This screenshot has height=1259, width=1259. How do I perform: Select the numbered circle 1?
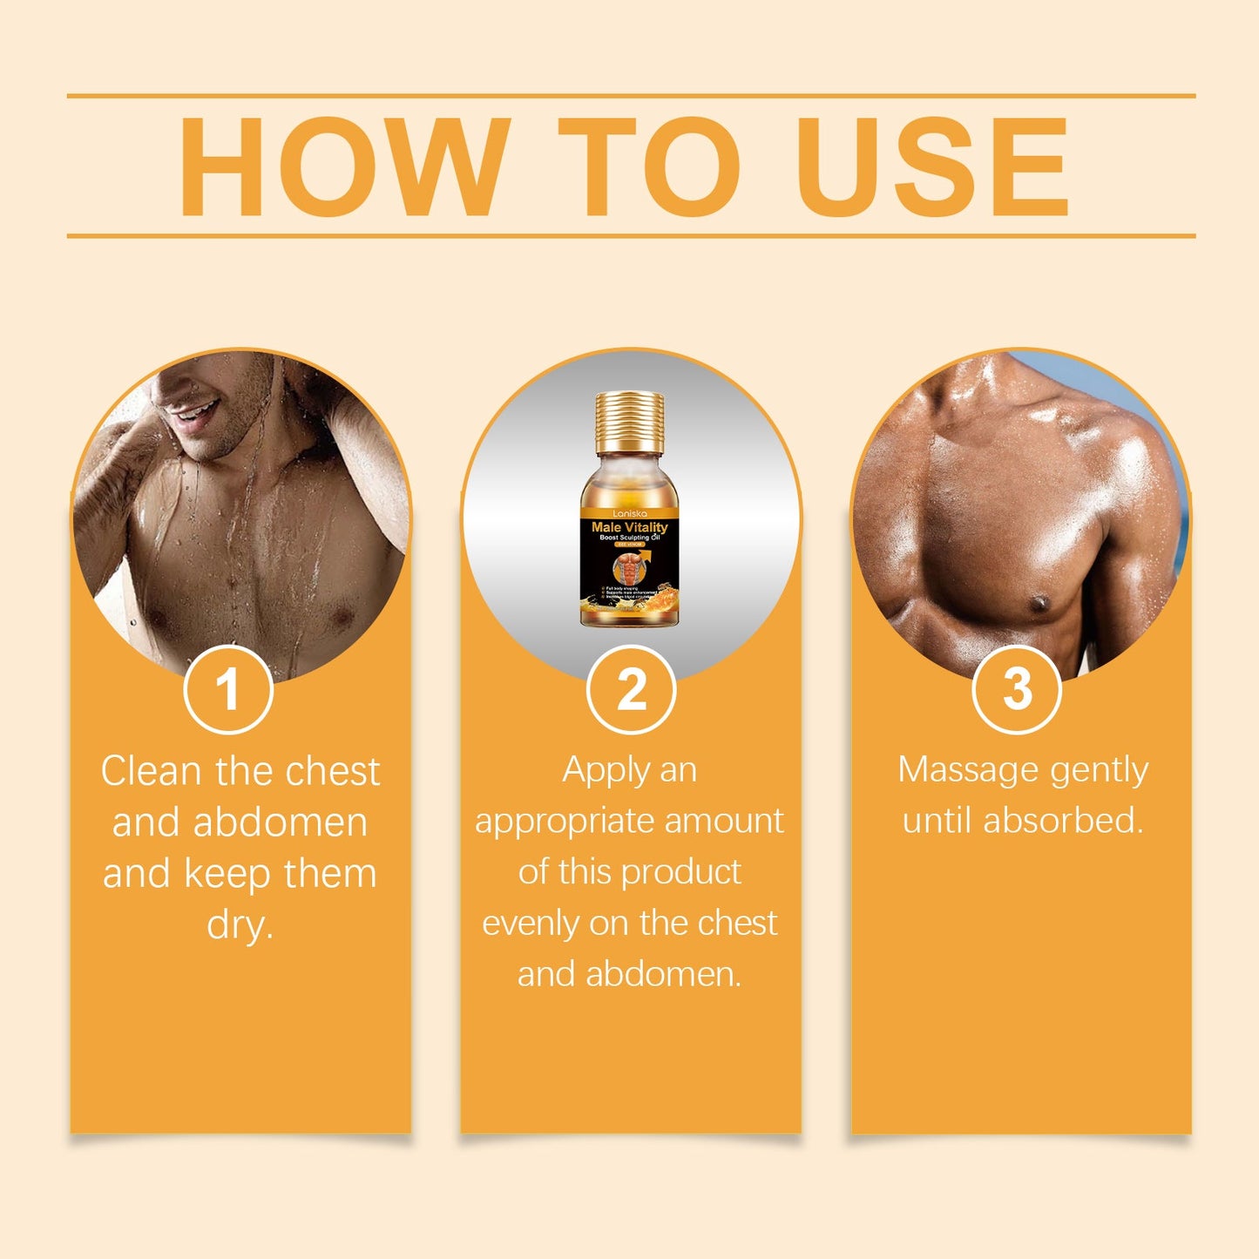point(228,689)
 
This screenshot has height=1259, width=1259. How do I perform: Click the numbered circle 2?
point(631,689)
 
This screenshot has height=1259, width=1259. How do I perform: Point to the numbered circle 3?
point(1017,689)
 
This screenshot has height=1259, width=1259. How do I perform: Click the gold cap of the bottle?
point(630,423)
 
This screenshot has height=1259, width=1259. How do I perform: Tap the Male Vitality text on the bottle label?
point(629,527)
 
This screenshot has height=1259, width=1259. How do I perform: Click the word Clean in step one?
point(152,771)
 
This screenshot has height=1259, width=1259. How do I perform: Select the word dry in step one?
point(240,924)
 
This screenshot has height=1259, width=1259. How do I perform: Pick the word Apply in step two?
point(601,771)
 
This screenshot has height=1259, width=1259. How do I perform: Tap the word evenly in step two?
point(531,923)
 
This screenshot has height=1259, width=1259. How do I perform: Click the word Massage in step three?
point(968,771)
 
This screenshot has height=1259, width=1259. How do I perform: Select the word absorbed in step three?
point(1063,821)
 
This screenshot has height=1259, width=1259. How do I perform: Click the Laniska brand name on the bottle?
point(629,514)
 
